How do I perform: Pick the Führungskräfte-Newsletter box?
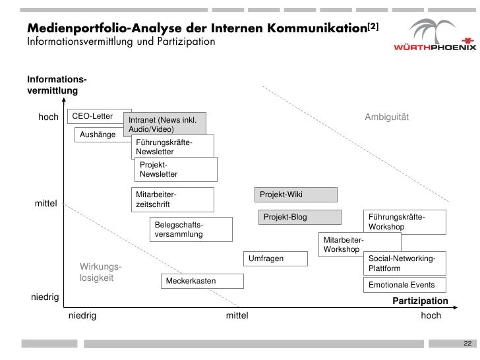click(x=173, y=147)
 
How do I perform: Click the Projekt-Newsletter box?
click(x=176, y=169)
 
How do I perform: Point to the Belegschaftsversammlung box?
click(x=191, y=229)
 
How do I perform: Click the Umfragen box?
click(x=276, y=258)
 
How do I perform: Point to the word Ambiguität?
click(x=387, y=117)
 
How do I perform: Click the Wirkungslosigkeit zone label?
click(x=101, y=272)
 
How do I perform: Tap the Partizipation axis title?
click(x=420, y=301)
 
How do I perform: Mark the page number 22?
click(x=467, y=344)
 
